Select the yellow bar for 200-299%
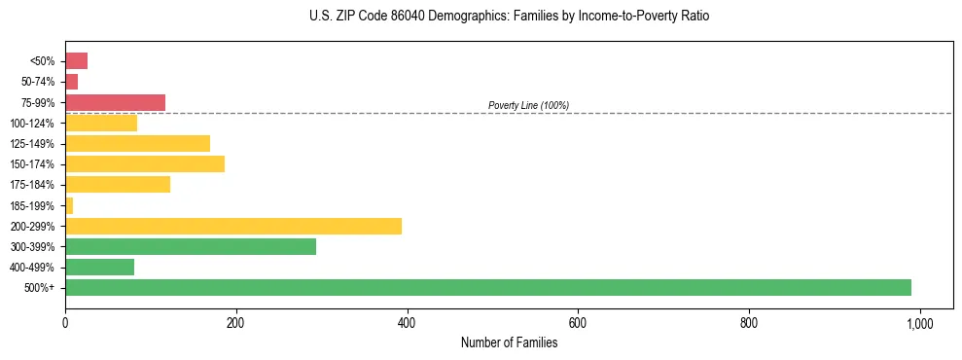tap(233, 226)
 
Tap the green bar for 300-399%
tap(191, 246)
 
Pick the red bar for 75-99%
tap(115, 102)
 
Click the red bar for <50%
tap(76, 61)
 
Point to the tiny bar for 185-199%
tap(69, 205)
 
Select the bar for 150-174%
tap(145, 163)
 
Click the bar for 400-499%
tap(99, 267)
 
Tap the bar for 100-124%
tap(101, 123)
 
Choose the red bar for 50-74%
tap(71, 82)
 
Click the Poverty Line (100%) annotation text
tap(528, 105)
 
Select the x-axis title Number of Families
tap(509, 342)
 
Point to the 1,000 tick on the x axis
tap(919, 322)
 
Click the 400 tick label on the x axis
tap(407, 322)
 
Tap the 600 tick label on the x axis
tap(578, 322)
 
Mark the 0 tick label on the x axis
tap(65, 322)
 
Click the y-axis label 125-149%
tap(32, 144)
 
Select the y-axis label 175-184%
tap(32, 185)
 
